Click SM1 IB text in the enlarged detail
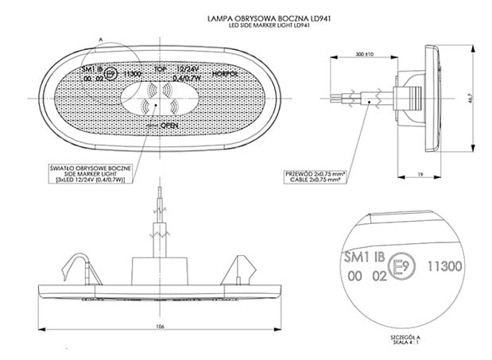pos(362,257)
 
